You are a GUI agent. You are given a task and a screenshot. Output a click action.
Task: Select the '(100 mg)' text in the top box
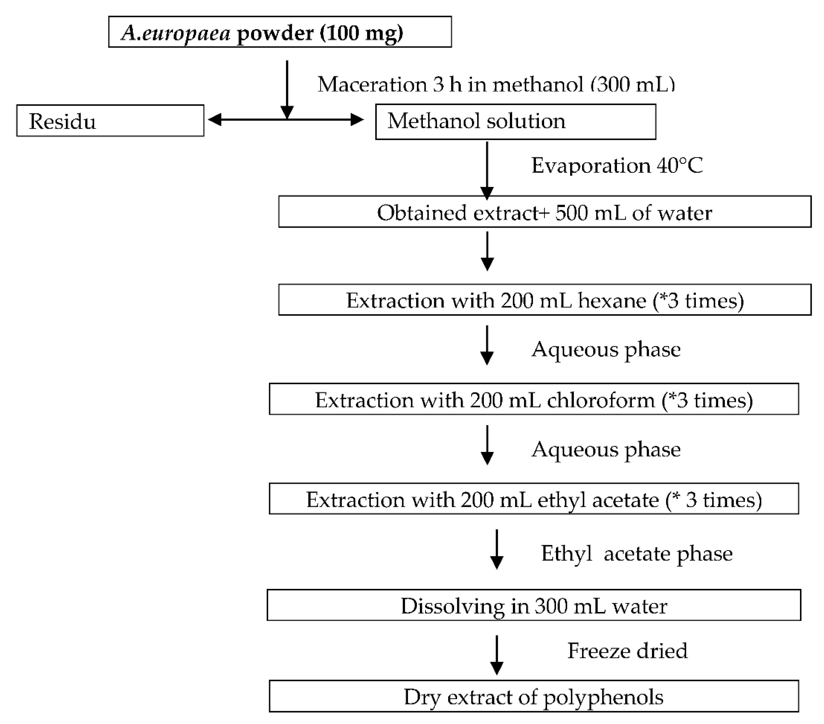(361, 33)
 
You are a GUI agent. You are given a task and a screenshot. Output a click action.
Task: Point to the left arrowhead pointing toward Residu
(215, 120)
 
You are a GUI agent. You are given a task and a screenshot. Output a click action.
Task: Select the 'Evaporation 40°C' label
(617, 165)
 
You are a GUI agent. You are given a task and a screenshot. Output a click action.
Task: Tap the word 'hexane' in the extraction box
(612, 301)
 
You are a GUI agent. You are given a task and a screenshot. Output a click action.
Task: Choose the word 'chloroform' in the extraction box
(601, 400)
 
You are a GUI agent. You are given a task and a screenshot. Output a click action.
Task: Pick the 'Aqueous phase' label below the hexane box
(606, 349)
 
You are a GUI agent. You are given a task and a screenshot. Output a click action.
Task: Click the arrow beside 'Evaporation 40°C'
(487, 169)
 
